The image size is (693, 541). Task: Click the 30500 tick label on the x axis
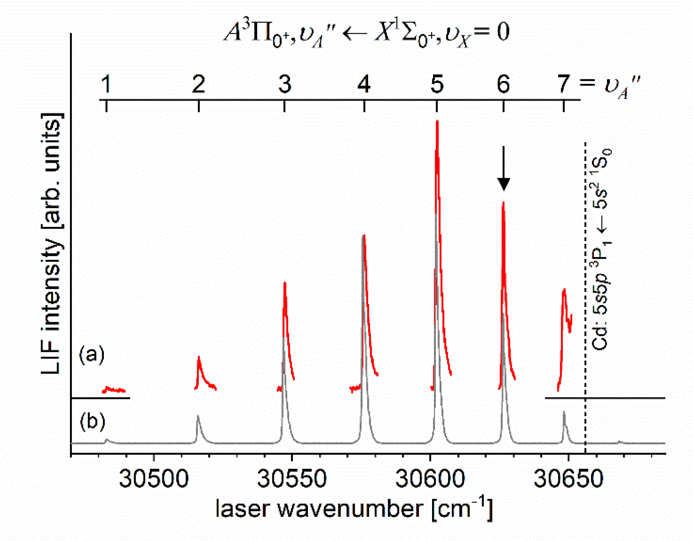click(x=154, y=479)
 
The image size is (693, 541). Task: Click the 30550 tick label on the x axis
click(x=292, y=479)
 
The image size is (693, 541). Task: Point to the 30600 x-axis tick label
click(x=430, y=479)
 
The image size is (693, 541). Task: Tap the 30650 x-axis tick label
click(x=568, y=479)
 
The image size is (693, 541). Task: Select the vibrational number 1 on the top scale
click(x=106, y=84)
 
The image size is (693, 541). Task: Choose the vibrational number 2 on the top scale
click(x=198, y=84)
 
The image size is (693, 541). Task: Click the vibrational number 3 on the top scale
click(x=285, y=84)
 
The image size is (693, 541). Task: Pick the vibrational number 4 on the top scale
click(x=364, y=84)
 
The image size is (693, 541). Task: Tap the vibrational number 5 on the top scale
click(x=437, y=84)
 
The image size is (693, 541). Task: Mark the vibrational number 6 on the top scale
click(x=503, y=84)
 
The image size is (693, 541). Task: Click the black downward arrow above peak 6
click(x=504, y=169)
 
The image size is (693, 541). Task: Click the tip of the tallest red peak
click(x=437, y=122)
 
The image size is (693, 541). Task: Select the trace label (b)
click(x=92, y=421)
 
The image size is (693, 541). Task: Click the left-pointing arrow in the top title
click(x=355, y=34)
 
